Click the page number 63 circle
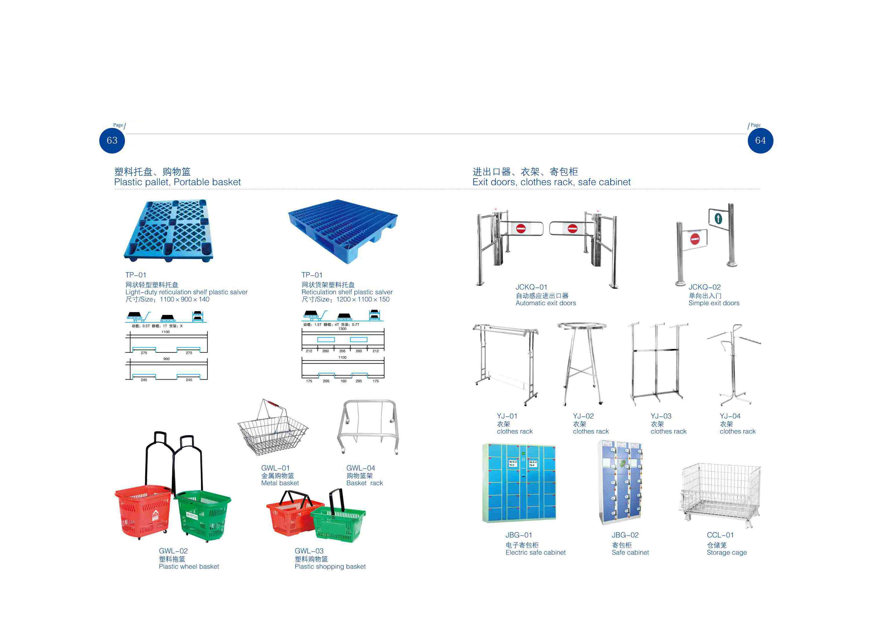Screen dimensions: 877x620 (x=112, y=140)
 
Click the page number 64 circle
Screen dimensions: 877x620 (x=760, y=140)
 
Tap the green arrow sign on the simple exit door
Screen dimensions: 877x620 (x=718, y=219)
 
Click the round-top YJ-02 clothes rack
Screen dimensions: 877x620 (x=581, y=363)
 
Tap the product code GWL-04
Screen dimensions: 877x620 (x=360, y=468)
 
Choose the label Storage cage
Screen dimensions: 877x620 (x=726, y=553)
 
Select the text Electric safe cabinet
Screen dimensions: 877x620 (x=536, y=553)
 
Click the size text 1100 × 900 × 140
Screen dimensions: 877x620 (x=185, y=300)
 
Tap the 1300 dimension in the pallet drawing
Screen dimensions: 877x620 (x=342, y=328)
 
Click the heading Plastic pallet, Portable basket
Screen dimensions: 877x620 (x=177, y=182)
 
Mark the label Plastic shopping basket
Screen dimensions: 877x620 (x=330, y=567)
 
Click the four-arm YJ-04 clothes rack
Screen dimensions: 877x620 (x=734, y=365)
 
